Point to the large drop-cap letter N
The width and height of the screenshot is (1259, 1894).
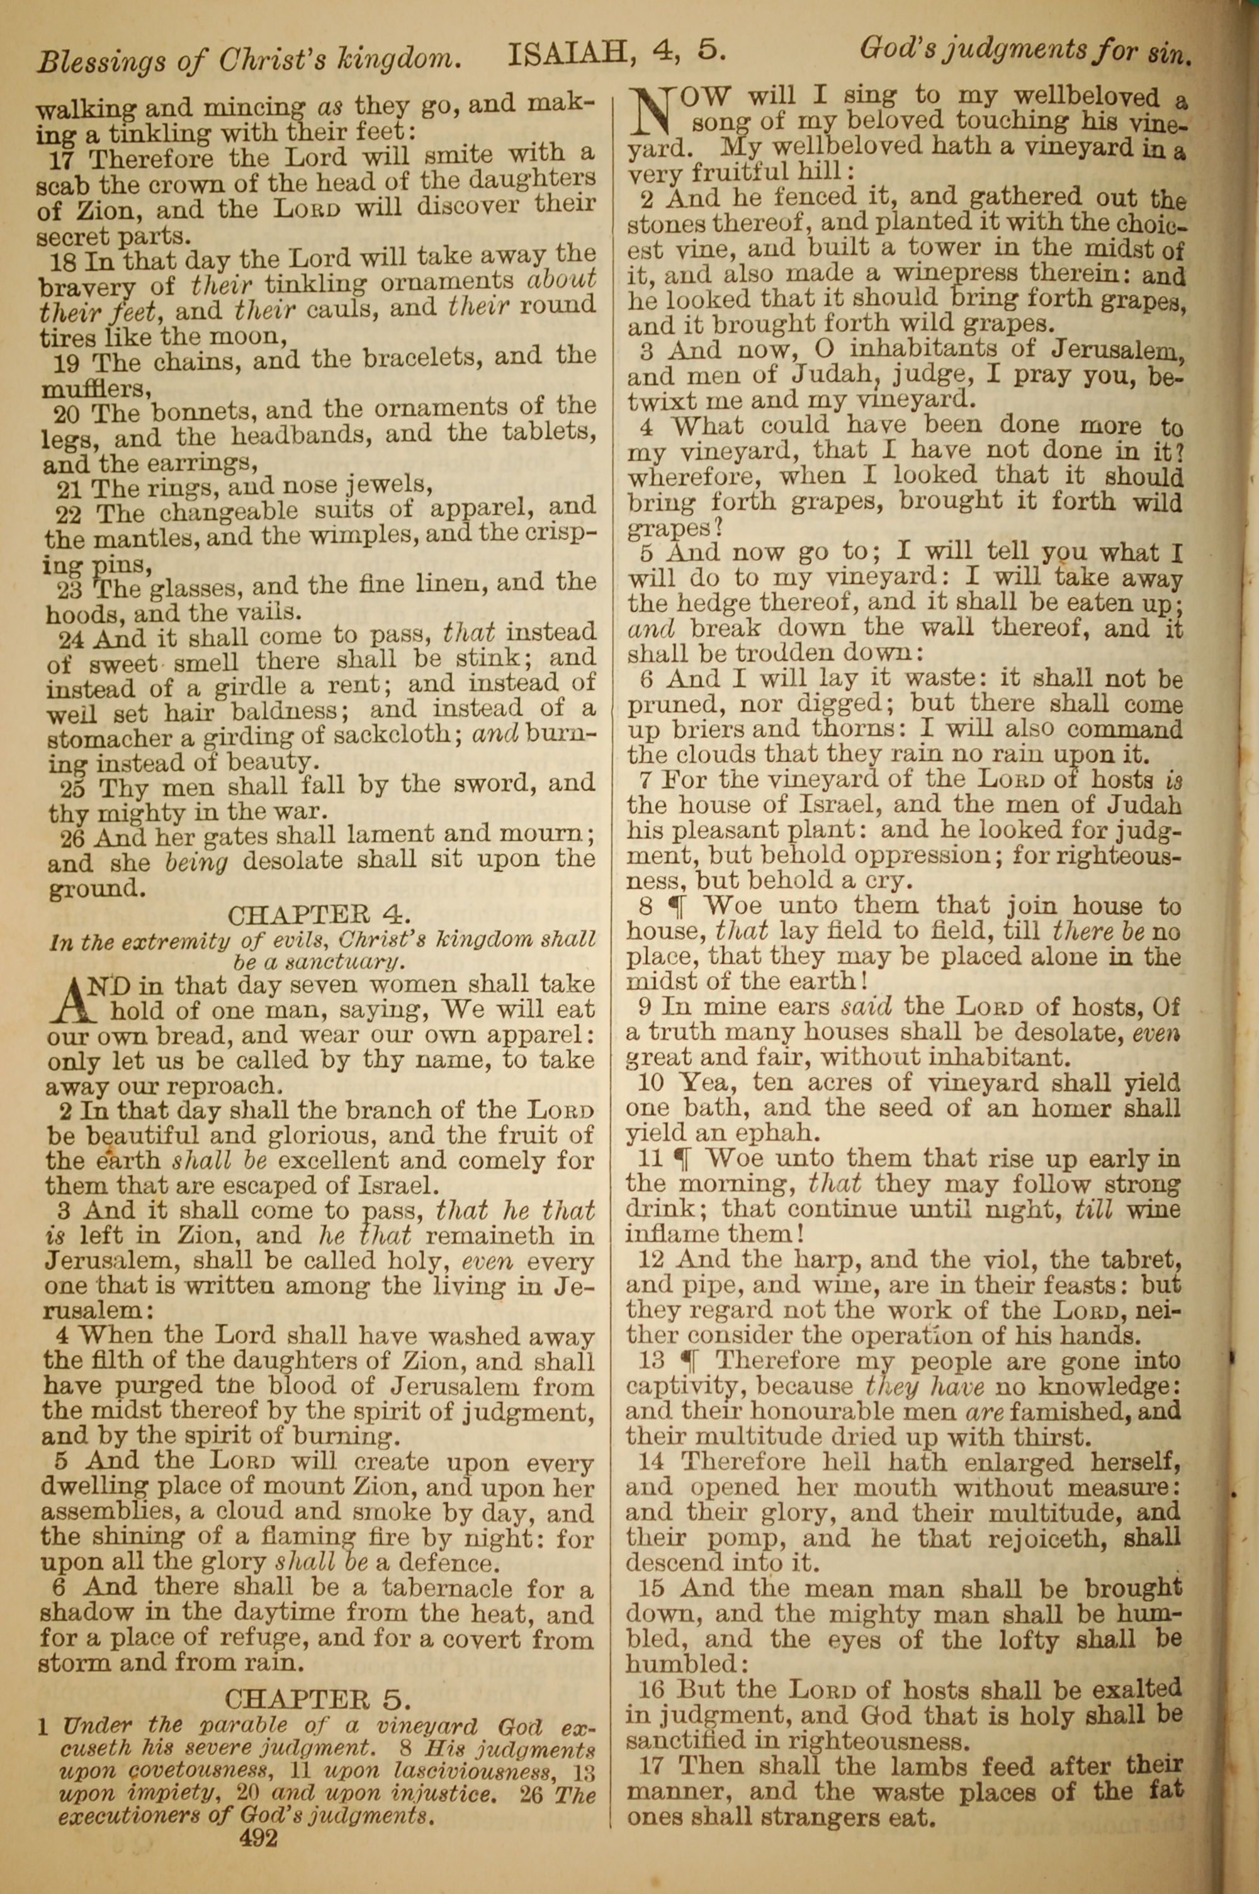coord(653,113)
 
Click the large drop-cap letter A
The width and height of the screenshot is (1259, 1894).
coord(73,1001)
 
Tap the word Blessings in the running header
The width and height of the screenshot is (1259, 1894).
coord(93,61)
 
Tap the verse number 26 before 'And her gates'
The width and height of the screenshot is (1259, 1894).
coord(76,837)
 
